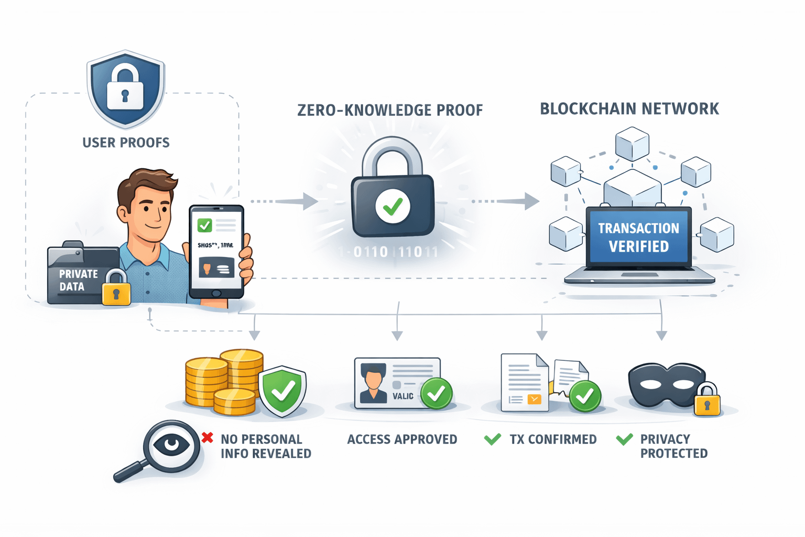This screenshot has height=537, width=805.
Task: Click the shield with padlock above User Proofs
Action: click(x=126, y=89)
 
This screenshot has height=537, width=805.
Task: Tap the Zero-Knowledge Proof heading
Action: click(x=390, y=110)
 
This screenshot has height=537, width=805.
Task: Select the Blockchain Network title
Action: click(x=629, y=109)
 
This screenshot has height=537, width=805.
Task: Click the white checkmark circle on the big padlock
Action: click(x=393, y=206)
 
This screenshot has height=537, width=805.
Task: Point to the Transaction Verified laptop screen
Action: click(x=638, y=237)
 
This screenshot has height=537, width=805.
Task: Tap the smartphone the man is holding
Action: click(x=216, y=251)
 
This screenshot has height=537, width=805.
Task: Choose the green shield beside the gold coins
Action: click(x=284, y=390)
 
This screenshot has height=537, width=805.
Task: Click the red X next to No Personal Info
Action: click(x=208, y=437)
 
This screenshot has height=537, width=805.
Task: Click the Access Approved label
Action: click(x=402, y=439)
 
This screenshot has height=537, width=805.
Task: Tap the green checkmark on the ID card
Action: click(x=436, y=393)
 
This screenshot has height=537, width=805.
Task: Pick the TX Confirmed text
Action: click(x=553, y=439)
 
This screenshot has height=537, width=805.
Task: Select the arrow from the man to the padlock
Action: click(x=286, y=201)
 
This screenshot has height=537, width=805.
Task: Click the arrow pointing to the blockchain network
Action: click(x=506, y=201)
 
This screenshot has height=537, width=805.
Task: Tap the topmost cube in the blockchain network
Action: click(x=632, y=143)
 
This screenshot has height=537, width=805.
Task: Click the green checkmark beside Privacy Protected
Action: click(x=624, y=439)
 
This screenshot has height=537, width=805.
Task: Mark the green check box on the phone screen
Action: click(x=204, y=225)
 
